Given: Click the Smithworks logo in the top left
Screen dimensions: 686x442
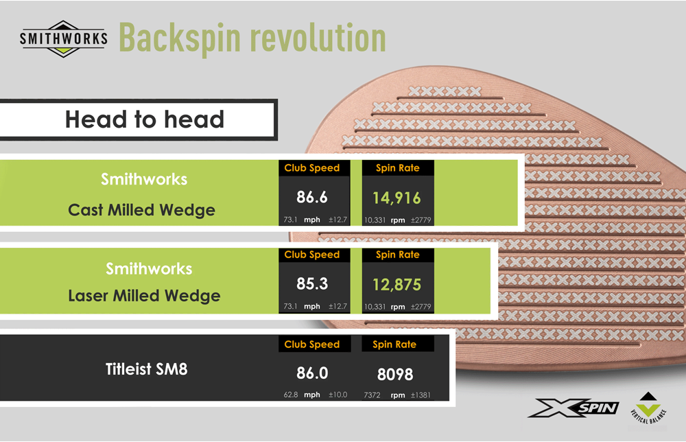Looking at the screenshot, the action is (64, 38).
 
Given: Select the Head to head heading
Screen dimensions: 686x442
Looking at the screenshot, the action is (144, 119).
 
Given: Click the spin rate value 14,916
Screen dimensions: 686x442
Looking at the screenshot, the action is (397, 198).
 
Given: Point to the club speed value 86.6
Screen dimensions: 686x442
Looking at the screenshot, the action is (312, 198).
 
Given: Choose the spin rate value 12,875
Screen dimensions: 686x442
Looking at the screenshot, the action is (397, 284).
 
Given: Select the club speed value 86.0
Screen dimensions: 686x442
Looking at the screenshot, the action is (312, 374).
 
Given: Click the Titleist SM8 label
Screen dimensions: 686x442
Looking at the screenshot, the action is (147, 369).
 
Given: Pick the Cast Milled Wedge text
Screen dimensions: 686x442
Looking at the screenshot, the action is (142, 210).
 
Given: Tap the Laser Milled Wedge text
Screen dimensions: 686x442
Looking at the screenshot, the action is (144, 296).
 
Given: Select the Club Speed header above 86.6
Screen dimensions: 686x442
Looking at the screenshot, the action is (312, 167).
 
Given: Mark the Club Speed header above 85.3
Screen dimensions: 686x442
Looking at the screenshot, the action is (312, 255).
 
